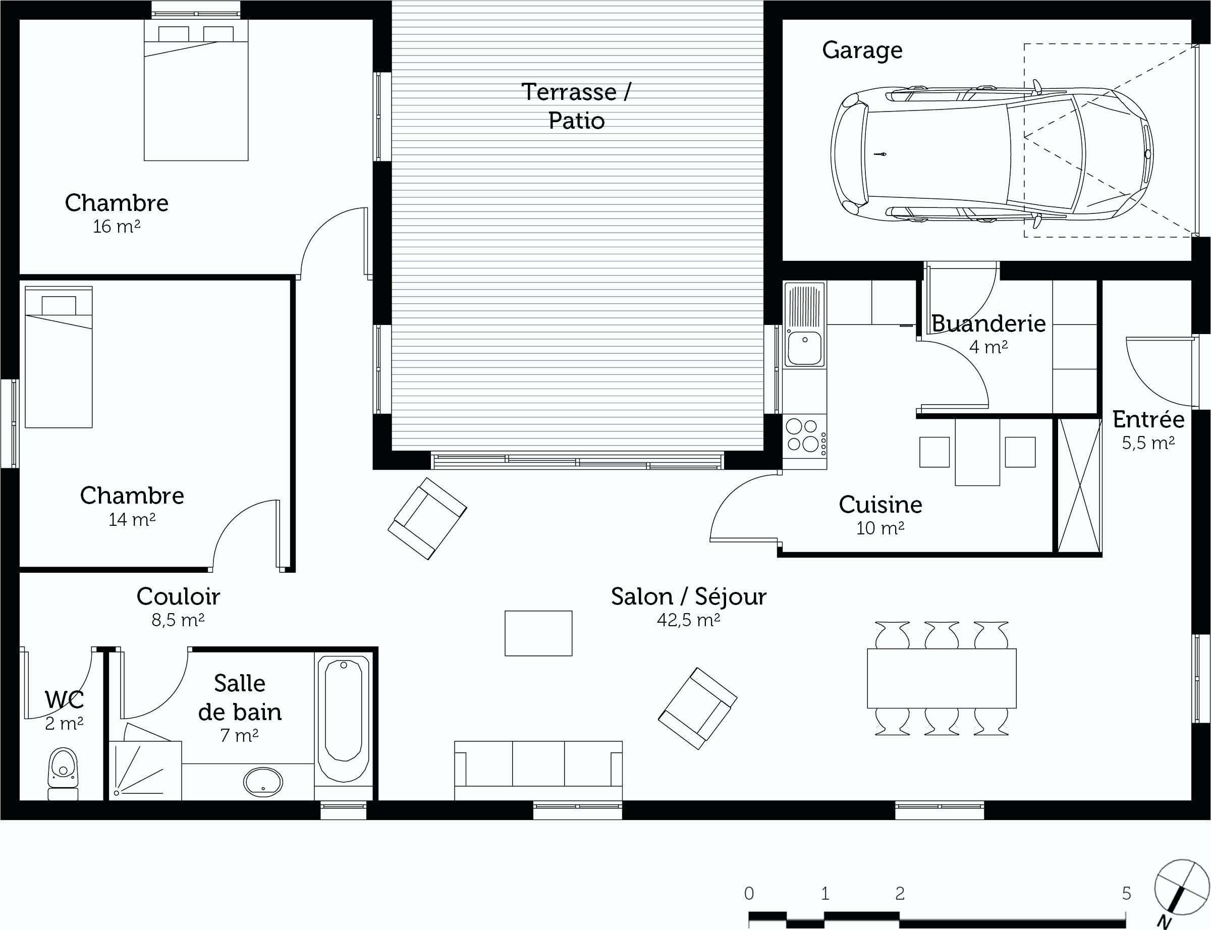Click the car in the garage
[992, 154]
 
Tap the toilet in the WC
[63, 774]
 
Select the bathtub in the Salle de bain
[343, 719]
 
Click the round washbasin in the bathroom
[263, 782]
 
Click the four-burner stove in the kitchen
[805, 437]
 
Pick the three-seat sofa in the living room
[538, 771]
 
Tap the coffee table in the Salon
[538, 633]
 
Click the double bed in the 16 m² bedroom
[196, 90]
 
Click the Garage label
[862, 51]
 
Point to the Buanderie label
[988, 323]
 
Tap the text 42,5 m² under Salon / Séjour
[689, 620]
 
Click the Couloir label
[178, 596]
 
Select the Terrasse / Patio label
[576, 106]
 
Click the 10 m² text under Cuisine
[880, 528]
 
